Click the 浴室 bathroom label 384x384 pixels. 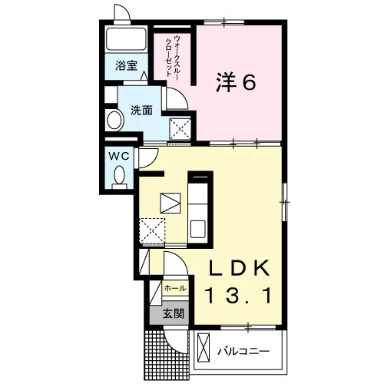(x=126, y=66)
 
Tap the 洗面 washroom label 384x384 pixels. (x=141, y=111)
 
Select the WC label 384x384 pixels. (x=119, y=156)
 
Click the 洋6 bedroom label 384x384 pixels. (x=236, y=82)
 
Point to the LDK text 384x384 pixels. (x=240, y=268)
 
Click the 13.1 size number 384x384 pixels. (x=238, y=295)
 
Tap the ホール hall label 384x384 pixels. (x=175, y=288)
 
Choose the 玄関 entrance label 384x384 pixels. (x=174, y=313)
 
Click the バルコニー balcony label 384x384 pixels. (x=243, y=351)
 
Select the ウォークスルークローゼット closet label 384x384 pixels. (x=173, y=56)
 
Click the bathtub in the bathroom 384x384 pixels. (x=126, y=39)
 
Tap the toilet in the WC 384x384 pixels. (x=119, y=177)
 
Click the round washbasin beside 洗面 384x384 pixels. (x=114, y=120)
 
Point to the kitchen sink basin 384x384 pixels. (x=197, y=229)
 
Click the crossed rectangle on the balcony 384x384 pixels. (x=204, y=348)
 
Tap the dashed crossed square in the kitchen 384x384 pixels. (x=152, y=230)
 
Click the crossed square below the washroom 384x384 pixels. (x=180, y=129)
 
